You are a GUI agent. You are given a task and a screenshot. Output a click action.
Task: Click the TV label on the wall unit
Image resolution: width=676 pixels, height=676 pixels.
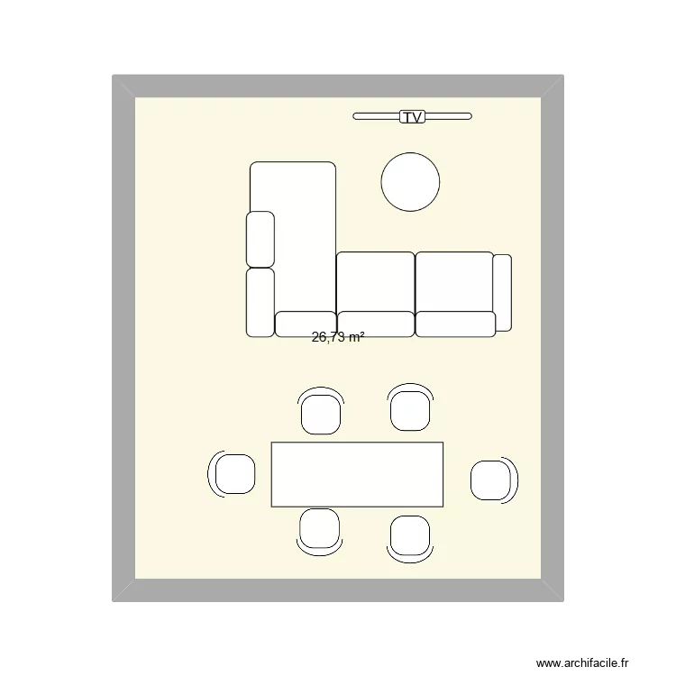[x=412, y=116]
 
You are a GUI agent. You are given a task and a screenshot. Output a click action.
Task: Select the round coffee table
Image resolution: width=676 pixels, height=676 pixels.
[x=410, y=182]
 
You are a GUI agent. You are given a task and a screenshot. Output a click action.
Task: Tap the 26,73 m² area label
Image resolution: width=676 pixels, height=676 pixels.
[x=338, y=337]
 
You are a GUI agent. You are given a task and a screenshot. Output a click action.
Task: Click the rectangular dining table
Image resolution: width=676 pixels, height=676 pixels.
[x=357, y=474]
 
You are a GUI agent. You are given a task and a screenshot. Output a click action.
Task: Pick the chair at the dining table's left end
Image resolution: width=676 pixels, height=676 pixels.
[x=235, y=474]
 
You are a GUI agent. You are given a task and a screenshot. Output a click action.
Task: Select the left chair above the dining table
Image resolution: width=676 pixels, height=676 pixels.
[x=321, y=413]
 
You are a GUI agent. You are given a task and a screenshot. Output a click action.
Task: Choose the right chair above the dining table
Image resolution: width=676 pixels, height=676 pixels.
[x=410, y=409]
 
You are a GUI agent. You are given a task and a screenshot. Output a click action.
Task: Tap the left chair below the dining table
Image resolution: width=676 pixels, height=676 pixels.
[x=320, y=528]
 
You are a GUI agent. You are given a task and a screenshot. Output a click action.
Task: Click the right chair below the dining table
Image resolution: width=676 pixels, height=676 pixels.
[x=409, y=534]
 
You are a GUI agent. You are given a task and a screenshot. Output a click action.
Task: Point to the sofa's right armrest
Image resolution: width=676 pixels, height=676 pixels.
[x=502, y=292]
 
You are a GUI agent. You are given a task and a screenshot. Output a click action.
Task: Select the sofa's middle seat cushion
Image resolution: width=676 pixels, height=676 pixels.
[x=375, y=281]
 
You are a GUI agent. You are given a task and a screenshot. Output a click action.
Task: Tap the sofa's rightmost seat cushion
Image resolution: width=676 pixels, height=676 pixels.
[x=453, y=281]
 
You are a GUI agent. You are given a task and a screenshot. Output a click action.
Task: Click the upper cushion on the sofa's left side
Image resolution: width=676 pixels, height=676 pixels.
[x=260, y=239]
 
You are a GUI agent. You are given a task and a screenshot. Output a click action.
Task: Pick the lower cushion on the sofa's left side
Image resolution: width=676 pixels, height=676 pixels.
[x=260, y=302]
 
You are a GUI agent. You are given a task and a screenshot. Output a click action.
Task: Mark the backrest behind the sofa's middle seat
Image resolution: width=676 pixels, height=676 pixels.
[x=375, y=324]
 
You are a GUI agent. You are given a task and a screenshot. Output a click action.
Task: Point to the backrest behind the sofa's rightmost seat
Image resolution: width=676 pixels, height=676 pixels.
[x=455, y=324]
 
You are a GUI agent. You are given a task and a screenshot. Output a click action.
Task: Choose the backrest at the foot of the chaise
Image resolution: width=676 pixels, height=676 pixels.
[x=306, y=324]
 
